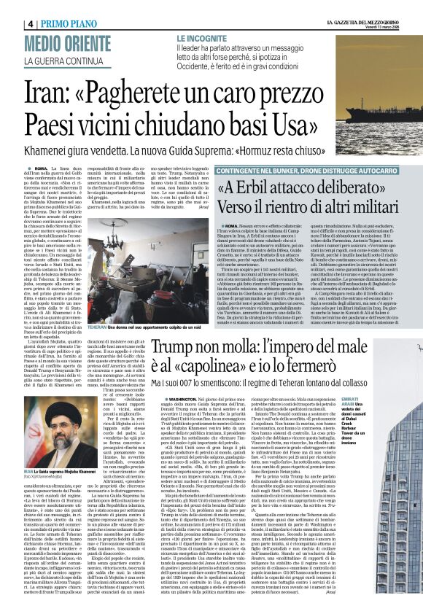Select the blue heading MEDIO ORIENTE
coord(67,42)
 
